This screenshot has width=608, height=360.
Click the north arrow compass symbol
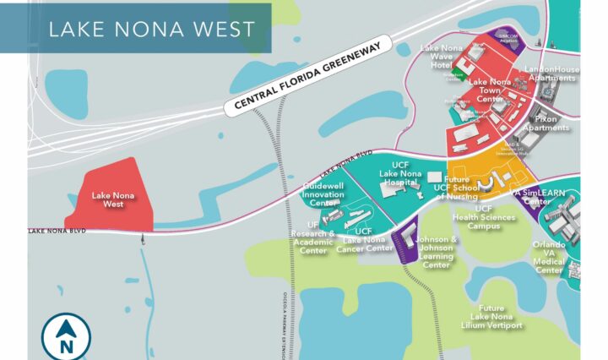pos(65,336)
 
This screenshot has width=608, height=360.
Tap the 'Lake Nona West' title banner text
pos(151,29)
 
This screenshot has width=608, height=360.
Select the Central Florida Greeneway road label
pos(309,77)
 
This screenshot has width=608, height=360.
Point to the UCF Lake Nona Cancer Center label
pos(364,239)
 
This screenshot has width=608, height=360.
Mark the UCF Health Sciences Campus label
pos(483,217)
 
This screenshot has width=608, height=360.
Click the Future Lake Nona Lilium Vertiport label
pos(491,316)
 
